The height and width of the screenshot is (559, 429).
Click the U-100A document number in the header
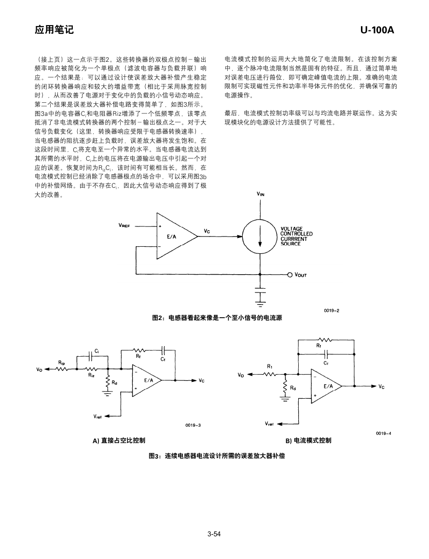coord(377,30)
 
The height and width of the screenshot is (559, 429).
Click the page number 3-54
coord(214,534)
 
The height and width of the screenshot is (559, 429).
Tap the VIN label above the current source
coord(261,194)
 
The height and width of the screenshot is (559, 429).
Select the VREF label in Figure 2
coord(125,225)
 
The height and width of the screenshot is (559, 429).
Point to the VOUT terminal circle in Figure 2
coord(290,275)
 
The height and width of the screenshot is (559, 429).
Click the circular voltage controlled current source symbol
coord(260,236)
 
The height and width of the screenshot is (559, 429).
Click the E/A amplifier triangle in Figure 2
coord(177,236)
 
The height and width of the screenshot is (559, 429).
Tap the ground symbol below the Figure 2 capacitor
coord(261,303)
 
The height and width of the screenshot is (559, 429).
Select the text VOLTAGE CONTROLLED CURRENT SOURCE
coord(296,236)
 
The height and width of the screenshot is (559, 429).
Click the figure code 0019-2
coord(332,310)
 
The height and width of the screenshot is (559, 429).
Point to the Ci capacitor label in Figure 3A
coord(97,351)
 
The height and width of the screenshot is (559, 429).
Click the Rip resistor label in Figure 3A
coord(62,363)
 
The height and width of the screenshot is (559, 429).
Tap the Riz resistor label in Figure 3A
coord(91,375)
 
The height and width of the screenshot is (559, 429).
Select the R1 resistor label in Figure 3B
coord(270,366)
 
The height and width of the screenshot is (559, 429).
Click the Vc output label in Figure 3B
coord(382,387)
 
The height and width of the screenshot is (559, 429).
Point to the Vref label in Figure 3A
coord(97,417)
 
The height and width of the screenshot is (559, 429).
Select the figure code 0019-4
coord(383,433)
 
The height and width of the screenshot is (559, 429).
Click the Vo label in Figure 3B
coord(241,375)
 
